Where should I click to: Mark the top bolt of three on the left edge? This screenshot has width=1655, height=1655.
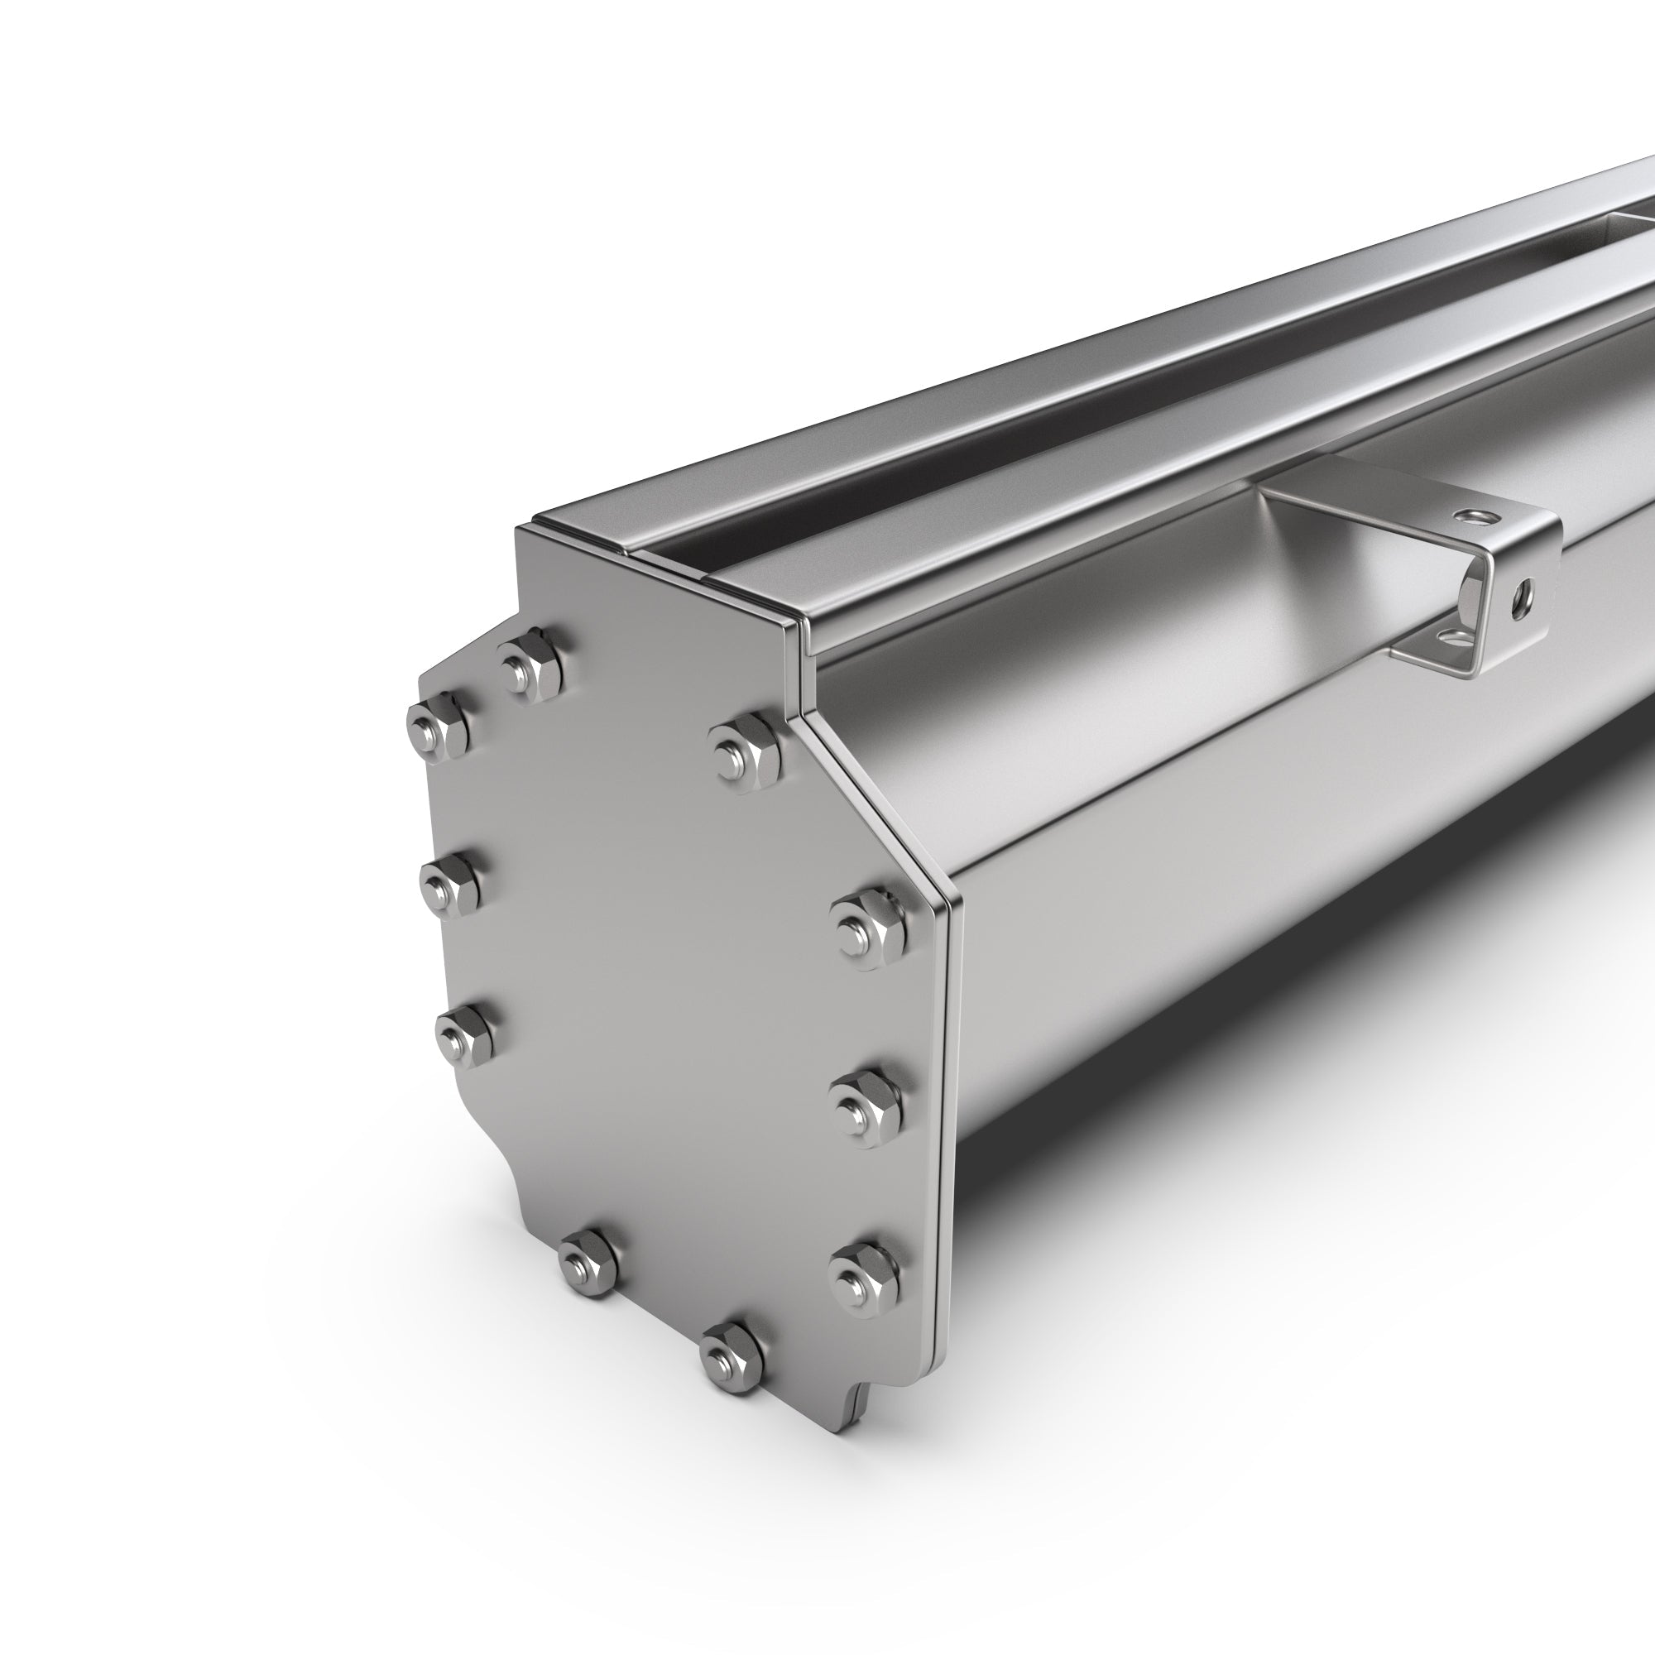pos(439,728)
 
